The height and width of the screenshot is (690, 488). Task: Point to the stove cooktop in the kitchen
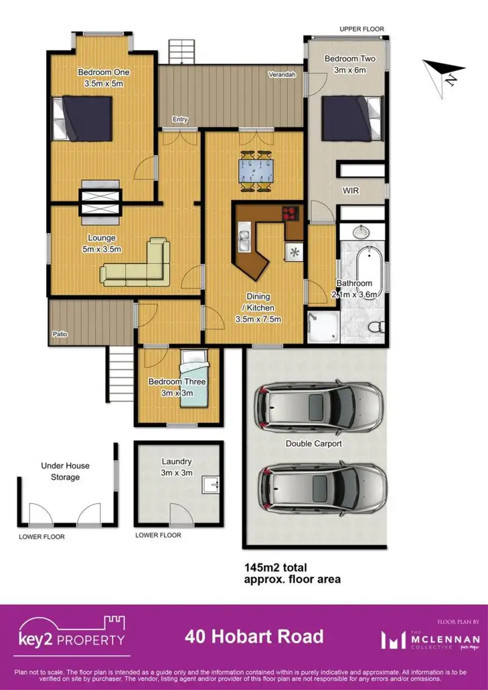pos(290,213)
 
